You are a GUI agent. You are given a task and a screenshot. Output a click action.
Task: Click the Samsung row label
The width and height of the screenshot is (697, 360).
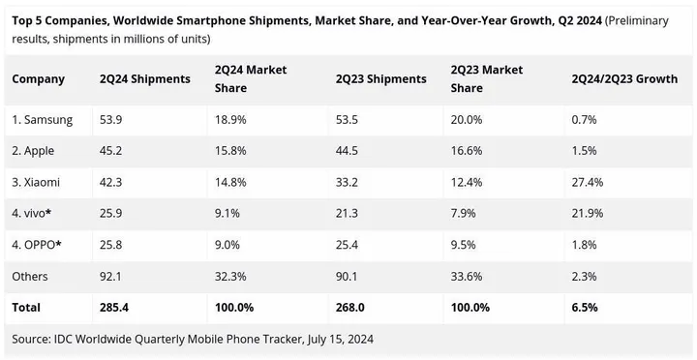[x=43, y=119]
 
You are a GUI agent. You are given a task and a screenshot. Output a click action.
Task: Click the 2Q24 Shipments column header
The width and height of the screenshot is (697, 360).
[x=145, y=78]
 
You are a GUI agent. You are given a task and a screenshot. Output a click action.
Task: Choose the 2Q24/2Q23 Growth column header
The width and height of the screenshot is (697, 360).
[x=624, y=78]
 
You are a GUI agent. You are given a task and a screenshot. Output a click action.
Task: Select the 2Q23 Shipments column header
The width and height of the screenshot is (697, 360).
[x=381, y=78]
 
